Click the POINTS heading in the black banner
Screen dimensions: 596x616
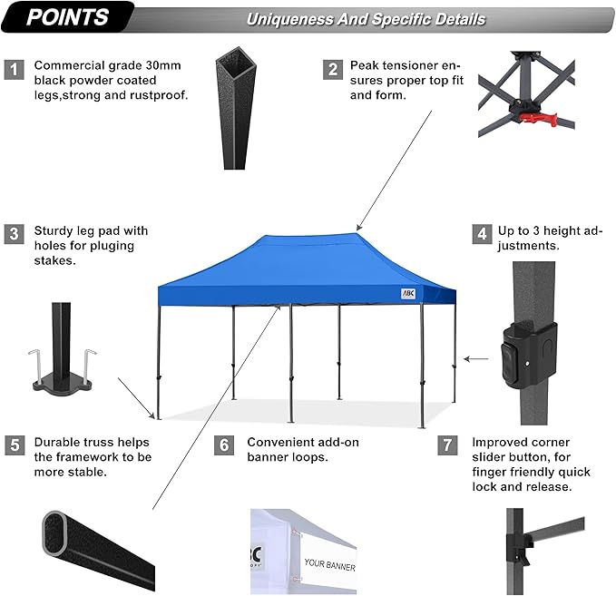coord(67,16)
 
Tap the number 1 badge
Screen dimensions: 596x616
coord(14,70)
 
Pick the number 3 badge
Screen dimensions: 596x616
coord(14,234)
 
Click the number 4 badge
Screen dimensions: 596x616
coord(481,234)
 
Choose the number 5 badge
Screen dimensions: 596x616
coord(14,445)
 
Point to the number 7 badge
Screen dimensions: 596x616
coord(446,445)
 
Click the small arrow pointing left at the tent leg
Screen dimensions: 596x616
coord(474,359)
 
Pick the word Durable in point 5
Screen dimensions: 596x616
coord(57,443)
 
